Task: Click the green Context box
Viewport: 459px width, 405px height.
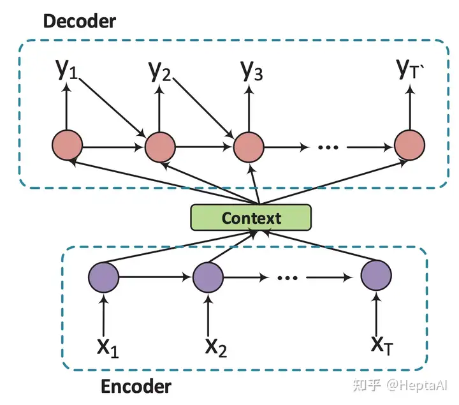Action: [251, 217]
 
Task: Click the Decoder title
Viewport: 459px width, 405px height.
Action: [80, 22]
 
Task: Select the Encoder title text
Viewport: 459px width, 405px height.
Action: [136, 387]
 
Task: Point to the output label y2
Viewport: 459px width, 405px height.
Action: [159, 71]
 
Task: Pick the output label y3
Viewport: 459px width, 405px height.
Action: [252, 70]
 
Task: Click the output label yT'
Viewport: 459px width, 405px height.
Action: [411, 69]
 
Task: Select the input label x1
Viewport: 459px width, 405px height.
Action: [108, 348]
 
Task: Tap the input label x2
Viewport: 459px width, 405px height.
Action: [216, 348]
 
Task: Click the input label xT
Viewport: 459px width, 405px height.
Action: [382, 346]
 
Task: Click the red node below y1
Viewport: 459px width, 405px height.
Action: [67, 145]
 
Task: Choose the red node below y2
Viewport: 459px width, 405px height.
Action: [160, 147]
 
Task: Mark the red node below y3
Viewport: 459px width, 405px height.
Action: [249, 147]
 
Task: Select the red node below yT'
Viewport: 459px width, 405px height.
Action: [409, 145]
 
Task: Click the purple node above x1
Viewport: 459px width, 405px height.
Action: [104, 277]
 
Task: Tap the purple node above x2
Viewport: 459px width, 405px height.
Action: [208, 277]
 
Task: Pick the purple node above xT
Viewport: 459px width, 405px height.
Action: [376, 276]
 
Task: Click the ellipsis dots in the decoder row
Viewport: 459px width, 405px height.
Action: [328, 147]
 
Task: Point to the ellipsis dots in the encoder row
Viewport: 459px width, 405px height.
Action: [288, 277]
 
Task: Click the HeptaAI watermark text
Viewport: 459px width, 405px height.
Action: [417, 385]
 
